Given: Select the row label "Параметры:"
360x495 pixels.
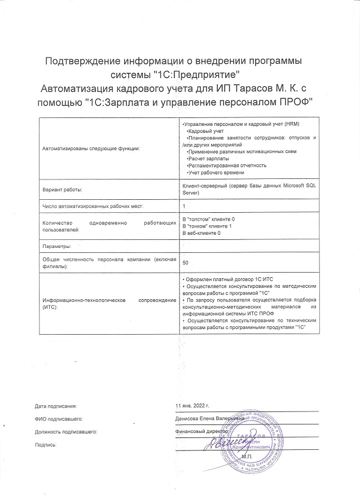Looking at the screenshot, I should pyautogui.click(x=56, y=247).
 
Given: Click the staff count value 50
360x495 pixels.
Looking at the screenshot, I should pyautogui.click(x=187, y=262).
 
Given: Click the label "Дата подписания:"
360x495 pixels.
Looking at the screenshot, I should pyautogui.click(x=55, y=406).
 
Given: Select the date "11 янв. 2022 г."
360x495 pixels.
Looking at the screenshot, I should pyautogui.click(x=193, y=406).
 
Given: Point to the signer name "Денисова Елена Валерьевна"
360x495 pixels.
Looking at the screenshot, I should pyautogui.click(x=210, y=418).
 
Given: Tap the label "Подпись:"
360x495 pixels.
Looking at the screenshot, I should pyautogui.click(x=46, y=445).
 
